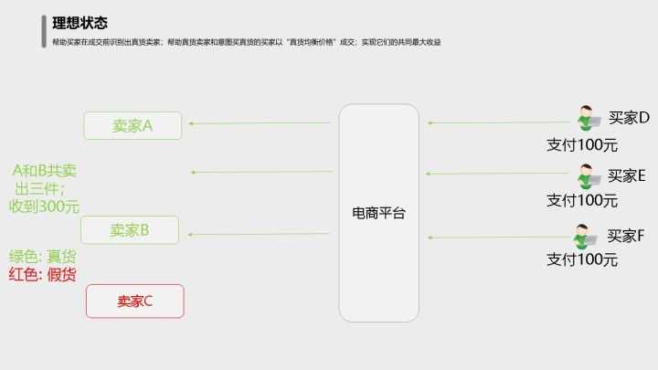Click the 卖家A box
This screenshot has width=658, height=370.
[x=133, y=125]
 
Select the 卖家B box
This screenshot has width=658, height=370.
[x=130, y=230]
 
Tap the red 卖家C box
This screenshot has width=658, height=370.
[x=135, y=301]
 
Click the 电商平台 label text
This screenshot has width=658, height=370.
[x=378, y=213]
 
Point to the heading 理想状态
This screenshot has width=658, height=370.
[x=80, y=23]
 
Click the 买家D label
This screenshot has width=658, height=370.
[x=629, y=118]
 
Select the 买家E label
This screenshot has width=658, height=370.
[x=627, y=175]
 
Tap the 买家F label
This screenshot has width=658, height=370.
[x=626, y=236]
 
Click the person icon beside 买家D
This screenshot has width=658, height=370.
[x=589, y=118]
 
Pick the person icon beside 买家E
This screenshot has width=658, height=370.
[x=589, y=176]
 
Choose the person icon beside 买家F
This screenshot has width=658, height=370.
[x=585, y=237]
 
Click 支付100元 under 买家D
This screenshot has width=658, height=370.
[x=582, y=145]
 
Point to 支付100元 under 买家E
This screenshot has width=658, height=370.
[x=582, y=200]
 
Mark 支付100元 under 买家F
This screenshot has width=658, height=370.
[x=582, y=259]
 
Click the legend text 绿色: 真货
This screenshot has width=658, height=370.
[x=42, y=257]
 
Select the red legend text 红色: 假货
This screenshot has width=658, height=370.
[x=42, y=275]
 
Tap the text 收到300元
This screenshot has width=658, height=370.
[x=44, y=206]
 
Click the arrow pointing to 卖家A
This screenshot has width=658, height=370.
[x=260, y=123]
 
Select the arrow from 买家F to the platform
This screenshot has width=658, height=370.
[x=500, y=238]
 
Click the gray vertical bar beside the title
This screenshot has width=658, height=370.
[x=44, y=31]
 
